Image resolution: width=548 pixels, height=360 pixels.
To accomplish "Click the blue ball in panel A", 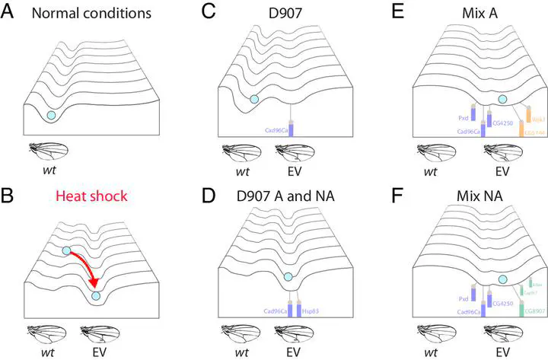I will (x=51, y=114).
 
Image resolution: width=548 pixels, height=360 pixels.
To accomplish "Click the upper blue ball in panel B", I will (x=66, y=251).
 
